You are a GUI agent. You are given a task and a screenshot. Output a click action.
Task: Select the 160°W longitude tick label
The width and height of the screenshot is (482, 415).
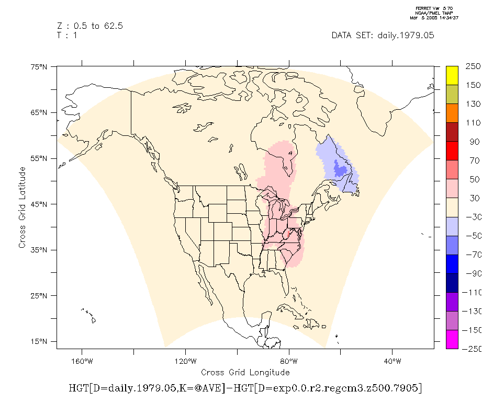[x=81, y=361]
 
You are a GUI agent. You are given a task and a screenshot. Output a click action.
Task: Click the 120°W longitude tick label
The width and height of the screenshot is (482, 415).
[x=185, y=361]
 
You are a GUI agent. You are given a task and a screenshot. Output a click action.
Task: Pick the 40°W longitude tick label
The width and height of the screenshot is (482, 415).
[x=392, y=361]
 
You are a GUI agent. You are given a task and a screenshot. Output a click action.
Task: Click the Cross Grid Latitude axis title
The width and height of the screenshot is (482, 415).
[x=23, y=208]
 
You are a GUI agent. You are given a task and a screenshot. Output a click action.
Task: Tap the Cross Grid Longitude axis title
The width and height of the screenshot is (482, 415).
[x=245, y=372]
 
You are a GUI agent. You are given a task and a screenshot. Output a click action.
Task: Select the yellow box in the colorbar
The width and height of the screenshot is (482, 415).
[x=452, y=75]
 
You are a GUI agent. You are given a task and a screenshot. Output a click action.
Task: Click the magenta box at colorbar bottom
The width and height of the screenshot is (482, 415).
[x=452, y=339]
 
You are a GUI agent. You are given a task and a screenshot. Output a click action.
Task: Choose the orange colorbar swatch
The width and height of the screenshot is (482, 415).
[x=452, y=113]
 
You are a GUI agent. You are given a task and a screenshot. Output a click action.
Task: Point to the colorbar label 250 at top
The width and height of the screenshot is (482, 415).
[x=473, y=66]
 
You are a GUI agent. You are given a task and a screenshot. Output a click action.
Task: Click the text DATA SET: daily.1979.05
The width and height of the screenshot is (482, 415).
[x=383, y=36]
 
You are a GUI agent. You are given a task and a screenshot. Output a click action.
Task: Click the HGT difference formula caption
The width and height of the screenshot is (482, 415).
[x=245, y=388]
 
